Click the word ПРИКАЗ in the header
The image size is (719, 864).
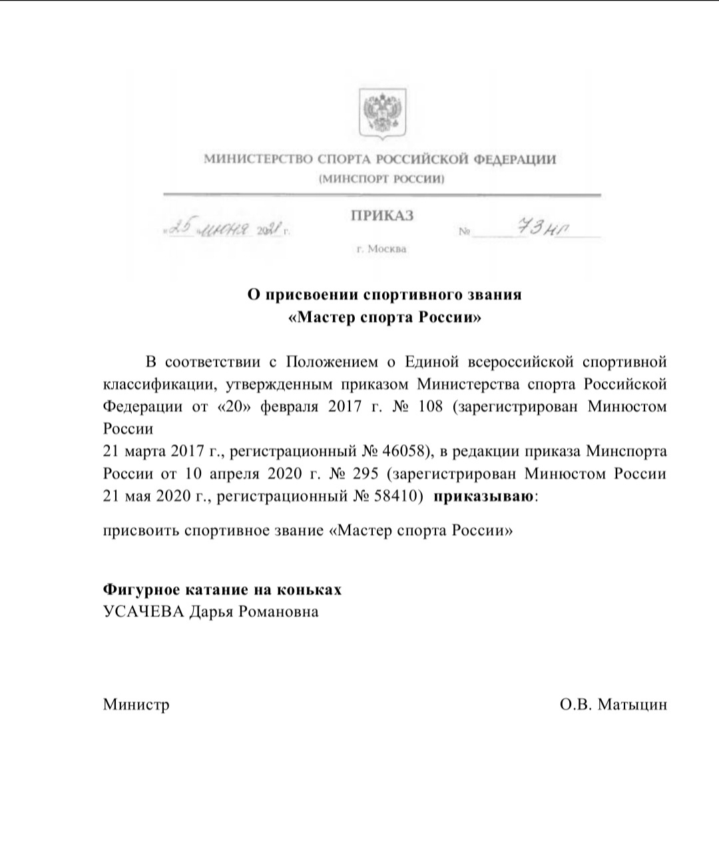[382, 216]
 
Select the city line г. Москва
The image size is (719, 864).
[381, 249]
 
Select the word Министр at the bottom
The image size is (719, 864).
[136, 704]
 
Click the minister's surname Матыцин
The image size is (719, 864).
[632, 704]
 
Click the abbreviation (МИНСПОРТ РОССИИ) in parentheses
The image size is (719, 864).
[381, 179]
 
